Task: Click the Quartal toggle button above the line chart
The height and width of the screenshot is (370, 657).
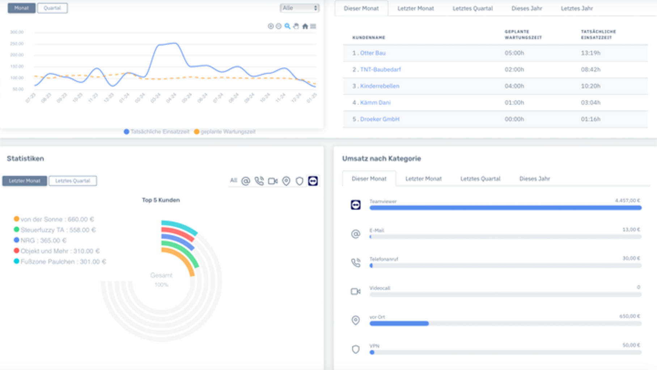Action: pyautogui.click(x=52, y=8)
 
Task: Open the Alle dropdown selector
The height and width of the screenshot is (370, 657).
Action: pyautogui.click(x=299, y=8)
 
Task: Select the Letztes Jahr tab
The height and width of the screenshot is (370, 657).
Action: pyautogui.click(x=577, y=8)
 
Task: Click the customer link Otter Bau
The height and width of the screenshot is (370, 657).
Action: pyautogui.click(x=373, y=53)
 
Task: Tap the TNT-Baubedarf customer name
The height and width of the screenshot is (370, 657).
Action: pyautogui.click(x=380, y=69)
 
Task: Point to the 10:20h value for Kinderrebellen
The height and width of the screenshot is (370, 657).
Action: pyautogui.click(x=590, y=86)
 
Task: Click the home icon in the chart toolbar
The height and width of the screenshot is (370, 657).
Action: pyautogui.click(x=305, y=26)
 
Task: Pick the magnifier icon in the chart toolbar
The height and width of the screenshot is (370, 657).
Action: pyautogui.click(x=287, y=26)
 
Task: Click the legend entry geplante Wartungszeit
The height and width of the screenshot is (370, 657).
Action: pyautogui.click(x=228, y=132)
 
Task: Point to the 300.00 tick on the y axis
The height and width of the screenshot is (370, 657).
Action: pyautogui.click(x=17, y=32)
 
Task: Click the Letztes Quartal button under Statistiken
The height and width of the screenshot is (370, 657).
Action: pyautogui.click(x=72, y=181)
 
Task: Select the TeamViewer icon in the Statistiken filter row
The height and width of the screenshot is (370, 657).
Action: pyautogui.click(x=313, y=181)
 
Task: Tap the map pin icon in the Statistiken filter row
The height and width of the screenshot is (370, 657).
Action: pyautogui.click(x=286, y=181)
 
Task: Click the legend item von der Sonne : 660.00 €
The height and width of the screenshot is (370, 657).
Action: pyautogui.click(x=57, y=219)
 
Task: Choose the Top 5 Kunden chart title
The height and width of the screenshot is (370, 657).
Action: pyautogui.click(x=161, y=200)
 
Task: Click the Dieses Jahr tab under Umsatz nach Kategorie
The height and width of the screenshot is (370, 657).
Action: pyautogui.click(x=534, y=178)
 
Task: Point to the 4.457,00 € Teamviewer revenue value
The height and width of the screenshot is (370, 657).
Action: pyautogui.click(x=627, y=201)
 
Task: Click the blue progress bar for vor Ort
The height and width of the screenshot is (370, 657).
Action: pyautogui.click(x=399, y=323)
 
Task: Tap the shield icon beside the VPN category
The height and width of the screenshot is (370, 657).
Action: pyautogui.click(x=356, y=349)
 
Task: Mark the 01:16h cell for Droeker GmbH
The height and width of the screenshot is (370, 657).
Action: pyautogui.click(x=590, y=119)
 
